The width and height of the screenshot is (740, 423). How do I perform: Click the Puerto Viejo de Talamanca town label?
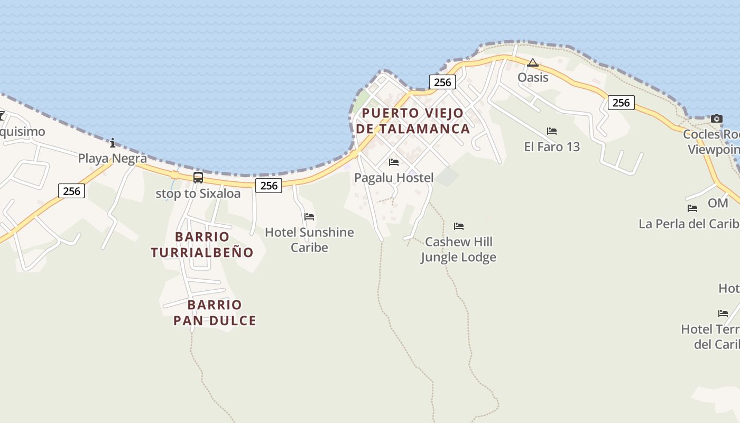tap(412, 121)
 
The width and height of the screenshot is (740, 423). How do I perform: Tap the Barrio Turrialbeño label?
tap(202, 244)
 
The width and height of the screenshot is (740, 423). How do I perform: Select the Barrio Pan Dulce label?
tap(215, 312)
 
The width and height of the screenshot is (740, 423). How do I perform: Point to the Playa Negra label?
tap(112, 158)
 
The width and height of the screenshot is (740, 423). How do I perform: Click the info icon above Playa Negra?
tap(112, 143)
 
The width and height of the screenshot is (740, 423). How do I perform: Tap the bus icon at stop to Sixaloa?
tap(198, 178)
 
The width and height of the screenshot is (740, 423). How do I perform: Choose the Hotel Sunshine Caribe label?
tap(309, 240)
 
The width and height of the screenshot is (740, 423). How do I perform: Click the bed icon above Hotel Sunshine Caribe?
tap(309, 217)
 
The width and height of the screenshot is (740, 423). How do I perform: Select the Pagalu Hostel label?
tap(394, 178)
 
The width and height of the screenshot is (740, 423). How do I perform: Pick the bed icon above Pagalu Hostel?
tap(394, 162)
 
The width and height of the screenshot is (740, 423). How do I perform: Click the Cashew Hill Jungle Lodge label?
tap(458, 250)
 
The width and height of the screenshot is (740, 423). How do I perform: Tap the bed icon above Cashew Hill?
tap(459, 226)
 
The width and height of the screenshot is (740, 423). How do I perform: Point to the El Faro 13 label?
tap(552, 146)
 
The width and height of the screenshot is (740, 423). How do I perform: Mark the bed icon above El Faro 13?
tap(552, 131)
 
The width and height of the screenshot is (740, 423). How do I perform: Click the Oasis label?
tap(533, 77)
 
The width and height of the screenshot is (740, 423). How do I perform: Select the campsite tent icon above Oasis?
tap(533, 63)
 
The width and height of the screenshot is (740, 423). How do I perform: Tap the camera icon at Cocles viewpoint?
tap(717, 118)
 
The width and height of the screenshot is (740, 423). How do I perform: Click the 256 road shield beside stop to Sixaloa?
tap(269, 185)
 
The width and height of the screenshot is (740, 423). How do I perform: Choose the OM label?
tap(718, 203)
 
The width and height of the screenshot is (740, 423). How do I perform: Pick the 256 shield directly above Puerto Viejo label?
tap(442, 82)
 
